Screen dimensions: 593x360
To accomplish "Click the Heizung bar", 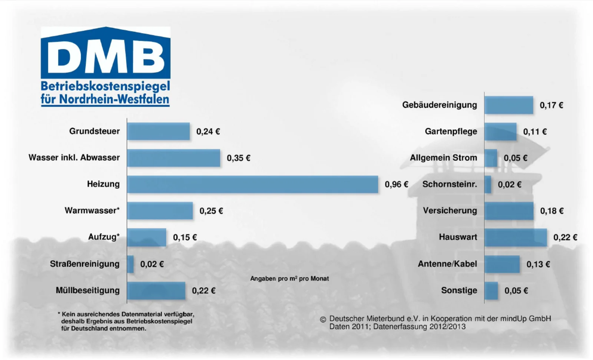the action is [x=252, y=184].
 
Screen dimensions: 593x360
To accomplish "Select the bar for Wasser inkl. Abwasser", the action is [x=173, y=158].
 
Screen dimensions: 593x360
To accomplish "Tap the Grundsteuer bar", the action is [x=158, y=131].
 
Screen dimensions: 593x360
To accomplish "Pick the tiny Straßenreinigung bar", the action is [x=130, y=264].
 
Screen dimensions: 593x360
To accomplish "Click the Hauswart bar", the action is [x=516, y=237].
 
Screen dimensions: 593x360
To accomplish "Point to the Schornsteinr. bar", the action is [x=488, y=184].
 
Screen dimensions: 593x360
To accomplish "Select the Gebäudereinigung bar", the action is [x=509, y=105].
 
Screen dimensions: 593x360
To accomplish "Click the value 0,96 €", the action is [x=396, y=184].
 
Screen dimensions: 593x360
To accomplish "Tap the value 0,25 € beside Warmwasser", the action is [x=211, y=211].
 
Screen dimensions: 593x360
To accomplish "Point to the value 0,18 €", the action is [x=552, y=211].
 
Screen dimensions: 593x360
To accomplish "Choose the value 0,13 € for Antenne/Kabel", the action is [x=538, y=264].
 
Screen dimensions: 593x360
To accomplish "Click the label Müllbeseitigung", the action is [x=87, y=290].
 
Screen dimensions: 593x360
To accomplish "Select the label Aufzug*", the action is [x=104, y=237].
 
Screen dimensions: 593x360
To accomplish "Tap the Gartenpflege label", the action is [x=451, y=131].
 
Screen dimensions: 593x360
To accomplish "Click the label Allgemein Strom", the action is [x=443, y=158].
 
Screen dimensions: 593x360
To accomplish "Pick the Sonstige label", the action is [x=459, y=290].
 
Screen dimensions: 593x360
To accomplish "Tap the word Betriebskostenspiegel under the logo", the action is [x=105, y=87].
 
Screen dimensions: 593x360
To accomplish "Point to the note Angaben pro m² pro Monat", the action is [x=289, y=279].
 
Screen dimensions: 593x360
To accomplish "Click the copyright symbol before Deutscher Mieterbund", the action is [x=323, y=320].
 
